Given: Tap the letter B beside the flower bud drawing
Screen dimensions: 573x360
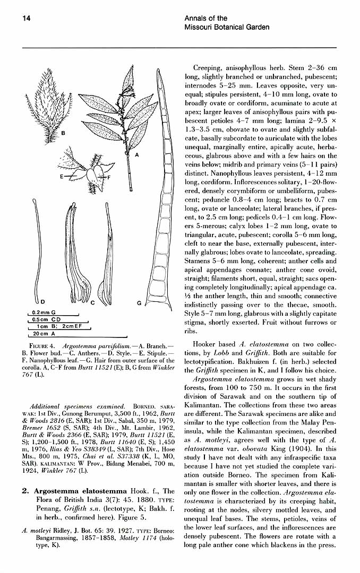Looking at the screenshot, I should (63, 133).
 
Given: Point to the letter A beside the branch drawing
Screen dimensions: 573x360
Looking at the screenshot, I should (136, 154).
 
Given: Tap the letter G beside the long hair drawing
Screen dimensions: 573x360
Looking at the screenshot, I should (139, 303).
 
